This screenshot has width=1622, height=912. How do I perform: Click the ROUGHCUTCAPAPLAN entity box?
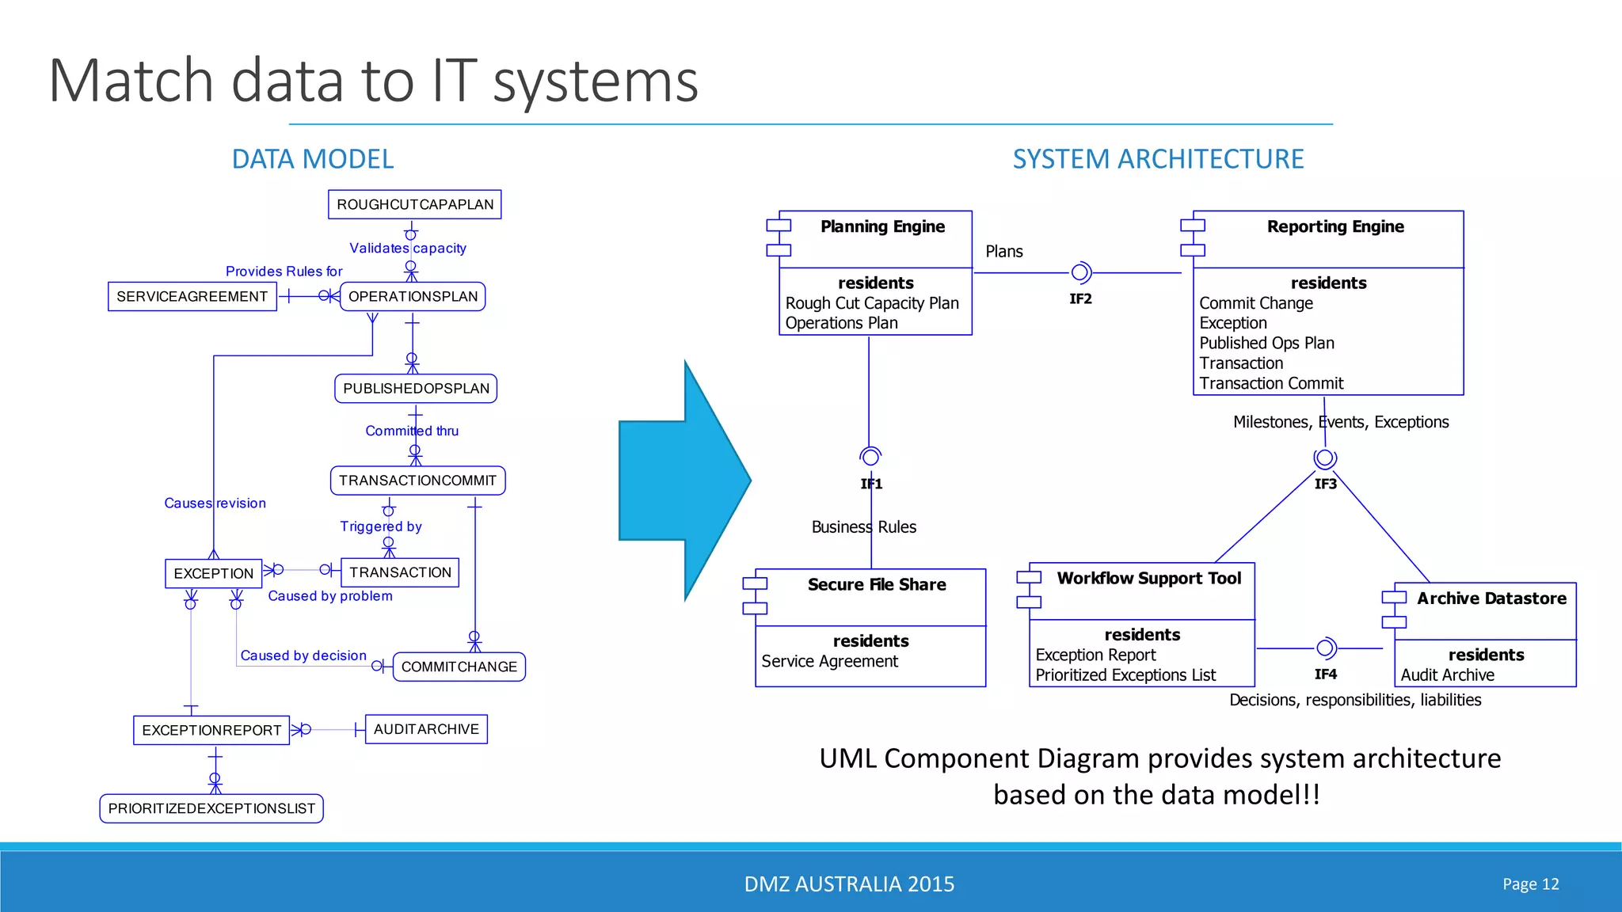click(x=414, y=204)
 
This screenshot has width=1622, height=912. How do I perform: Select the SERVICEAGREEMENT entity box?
click(x=192, y=297)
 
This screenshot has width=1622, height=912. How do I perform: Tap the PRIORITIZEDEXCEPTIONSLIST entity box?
click(x=211, y=808)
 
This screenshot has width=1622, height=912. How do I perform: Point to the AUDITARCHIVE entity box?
click(x=426, y=729)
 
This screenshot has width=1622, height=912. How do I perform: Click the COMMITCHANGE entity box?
click(x=459, y=667)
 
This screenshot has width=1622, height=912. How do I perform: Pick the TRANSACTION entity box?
click(x=400, y=572)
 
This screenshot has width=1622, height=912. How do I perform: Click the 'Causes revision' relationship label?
click(x=215, y=503)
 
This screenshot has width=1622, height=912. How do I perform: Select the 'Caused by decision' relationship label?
click(x=303, y=655)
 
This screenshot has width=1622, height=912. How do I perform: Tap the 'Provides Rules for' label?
click(x=284, y=272)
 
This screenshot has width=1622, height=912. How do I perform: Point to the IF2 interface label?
click(x=1080, y=299)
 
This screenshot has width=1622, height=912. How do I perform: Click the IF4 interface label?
click(x=1325, y=674)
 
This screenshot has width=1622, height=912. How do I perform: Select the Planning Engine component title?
click(x=882, y=227)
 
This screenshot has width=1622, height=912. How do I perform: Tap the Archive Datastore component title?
click(x=1491, y=598)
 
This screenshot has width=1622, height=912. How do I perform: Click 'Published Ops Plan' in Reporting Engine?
click(x=1266, y=344)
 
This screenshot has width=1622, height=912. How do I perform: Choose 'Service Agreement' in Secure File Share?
click(x=829, y=662)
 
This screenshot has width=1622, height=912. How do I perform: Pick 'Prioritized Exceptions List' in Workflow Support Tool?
click(x=1125, y=675)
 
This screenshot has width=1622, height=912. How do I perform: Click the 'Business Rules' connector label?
click(x=863, y=527)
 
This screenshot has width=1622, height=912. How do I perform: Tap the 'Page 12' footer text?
click(x=1530, y=884)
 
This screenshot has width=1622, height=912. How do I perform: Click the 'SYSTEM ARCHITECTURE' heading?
click(x=1158, y=159)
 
